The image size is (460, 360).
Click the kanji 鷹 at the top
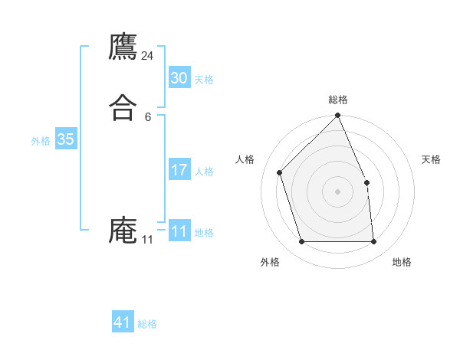[x=123, y=47]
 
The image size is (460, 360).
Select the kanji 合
[x=123, y=106]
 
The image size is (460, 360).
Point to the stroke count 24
[x=148, y=56]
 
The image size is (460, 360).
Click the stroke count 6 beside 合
[x=148, y=116]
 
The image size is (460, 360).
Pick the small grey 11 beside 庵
[x=148, y=240]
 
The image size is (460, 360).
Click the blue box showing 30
[x=179, y=78]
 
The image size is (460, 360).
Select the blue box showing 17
[x=179, y=170]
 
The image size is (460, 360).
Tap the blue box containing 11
[x=179, y=231]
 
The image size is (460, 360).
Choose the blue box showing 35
[x=65, y=139]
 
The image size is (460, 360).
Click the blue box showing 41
[x=123, y=322]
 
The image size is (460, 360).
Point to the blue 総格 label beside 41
[x=147, y=324]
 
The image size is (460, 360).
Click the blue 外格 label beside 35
[x=41, y=141]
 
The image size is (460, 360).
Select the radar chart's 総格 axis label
[x=338, y=100]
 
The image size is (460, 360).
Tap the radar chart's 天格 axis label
[x=432, y=159]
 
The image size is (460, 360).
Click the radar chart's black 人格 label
[x=245, y=159]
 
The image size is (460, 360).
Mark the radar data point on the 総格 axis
[x=338, y=116]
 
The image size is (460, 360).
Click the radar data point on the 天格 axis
[x=366, y=182]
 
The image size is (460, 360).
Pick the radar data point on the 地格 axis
[x=373, y=242]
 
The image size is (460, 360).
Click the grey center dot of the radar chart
[x=338, y=191]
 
